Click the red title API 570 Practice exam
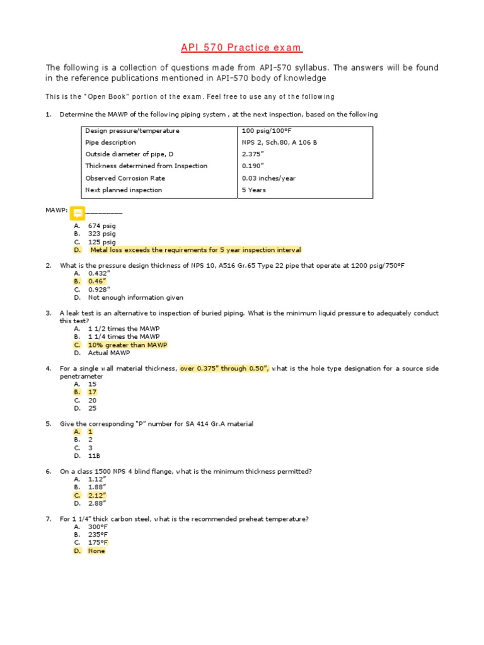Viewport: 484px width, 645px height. (x=242, y=48)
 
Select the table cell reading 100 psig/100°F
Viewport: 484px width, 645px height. (x=264, y=131)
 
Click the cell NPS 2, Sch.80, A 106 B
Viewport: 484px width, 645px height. (x=279, y=142)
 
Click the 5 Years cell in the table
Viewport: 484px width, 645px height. (x=254, y=190)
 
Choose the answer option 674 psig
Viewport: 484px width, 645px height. (x=101, y=225)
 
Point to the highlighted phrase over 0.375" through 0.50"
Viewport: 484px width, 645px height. (x=224, y=368)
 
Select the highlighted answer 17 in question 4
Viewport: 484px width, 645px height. (x=92, y=392)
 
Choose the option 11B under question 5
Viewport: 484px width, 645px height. (x=95, y=455)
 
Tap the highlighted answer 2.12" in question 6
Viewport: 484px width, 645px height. (x=97, y=495)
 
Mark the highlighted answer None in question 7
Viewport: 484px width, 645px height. (x=96, y=551)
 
